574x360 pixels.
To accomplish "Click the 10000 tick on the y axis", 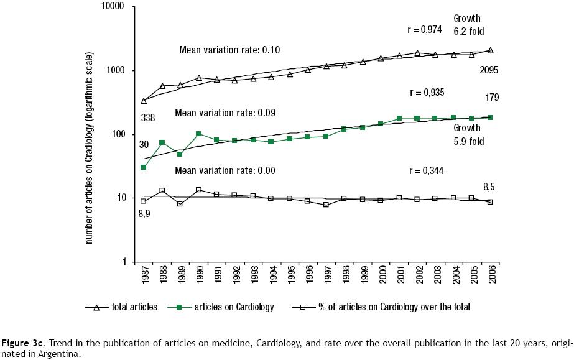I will tap(114, 7).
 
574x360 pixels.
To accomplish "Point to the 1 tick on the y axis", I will tap(123, 262).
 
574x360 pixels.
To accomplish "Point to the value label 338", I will tap(147, 118).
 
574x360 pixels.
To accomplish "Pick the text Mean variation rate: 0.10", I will tap(227, 50).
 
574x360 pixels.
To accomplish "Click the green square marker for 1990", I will tap(198, 134).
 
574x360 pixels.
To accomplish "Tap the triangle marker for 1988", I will tap(162, 86).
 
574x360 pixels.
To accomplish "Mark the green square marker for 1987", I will tap(144, 167).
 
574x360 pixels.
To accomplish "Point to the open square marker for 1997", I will tap(326, 205).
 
